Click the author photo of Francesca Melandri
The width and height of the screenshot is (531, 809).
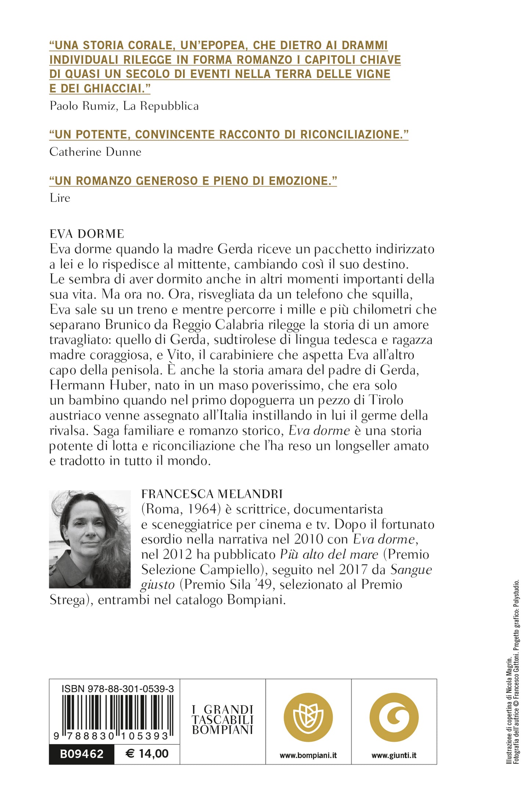(90, 539)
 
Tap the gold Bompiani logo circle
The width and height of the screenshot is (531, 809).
(308, 717)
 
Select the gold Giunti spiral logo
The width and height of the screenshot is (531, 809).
(394, 717)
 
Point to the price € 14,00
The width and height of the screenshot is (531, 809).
(147, 754)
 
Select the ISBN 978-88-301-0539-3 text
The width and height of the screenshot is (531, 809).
(118, 688)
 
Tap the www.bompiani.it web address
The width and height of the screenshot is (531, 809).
(308, 755)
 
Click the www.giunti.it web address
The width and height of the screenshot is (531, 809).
(394, 755)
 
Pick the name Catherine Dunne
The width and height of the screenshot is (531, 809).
(96, 152)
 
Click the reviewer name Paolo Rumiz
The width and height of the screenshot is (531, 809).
(84, 106)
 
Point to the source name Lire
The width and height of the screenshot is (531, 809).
(60, 198)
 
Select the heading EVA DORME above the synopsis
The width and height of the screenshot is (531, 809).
(87, 234)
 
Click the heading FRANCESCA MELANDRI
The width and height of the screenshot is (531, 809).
(212, 494)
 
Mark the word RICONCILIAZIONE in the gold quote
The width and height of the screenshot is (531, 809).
(350, 135)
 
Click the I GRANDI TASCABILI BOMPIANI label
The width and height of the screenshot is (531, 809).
(223, 719)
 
